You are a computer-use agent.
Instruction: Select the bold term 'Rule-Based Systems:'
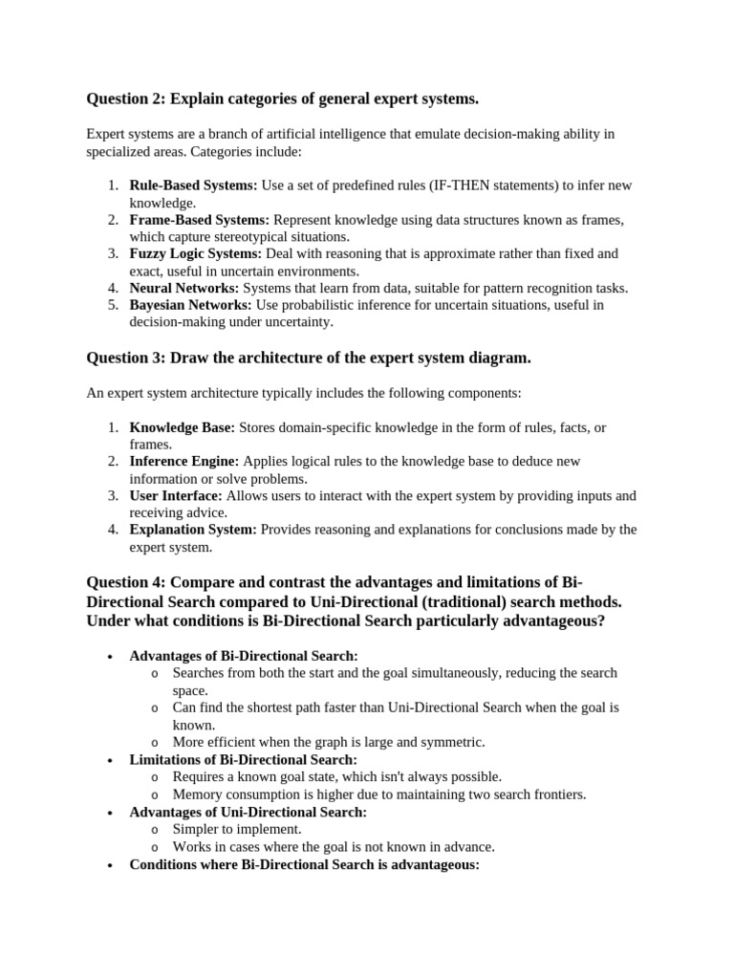(x=194, y=185)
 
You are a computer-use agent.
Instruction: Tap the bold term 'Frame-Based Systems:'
(x=200, y=220)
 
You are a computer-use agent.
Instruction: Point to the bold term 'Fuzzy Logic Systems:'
(x=196, y=254)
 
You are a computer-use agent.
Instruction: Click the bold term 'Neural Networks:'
(x=184, y=288)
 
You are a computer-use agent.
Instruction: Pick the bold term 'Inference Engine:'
(x=184, y=462)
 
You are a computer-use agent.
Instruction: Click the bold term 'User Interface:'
(x=176, y=496)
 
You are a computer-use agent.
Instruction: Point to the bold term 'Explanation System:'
(x=193, y=530)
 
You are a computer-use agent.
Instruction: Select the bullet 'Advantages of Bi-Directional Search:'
(x=244, y=656)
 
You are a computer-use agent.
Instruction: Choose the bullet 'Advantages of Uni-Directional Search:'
(x=248, y=812)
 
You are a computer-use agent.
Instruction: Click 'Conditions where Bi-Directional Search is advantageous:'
(x=304, y=864)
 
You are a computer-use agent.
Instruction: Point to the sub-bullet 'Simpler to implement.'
(x=237, y=829)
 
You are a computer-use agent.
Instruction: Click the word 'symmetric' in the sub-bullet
(x=451, y=742)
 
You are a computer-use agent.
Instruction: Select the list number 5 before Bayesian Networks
(x=112, y=305)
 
